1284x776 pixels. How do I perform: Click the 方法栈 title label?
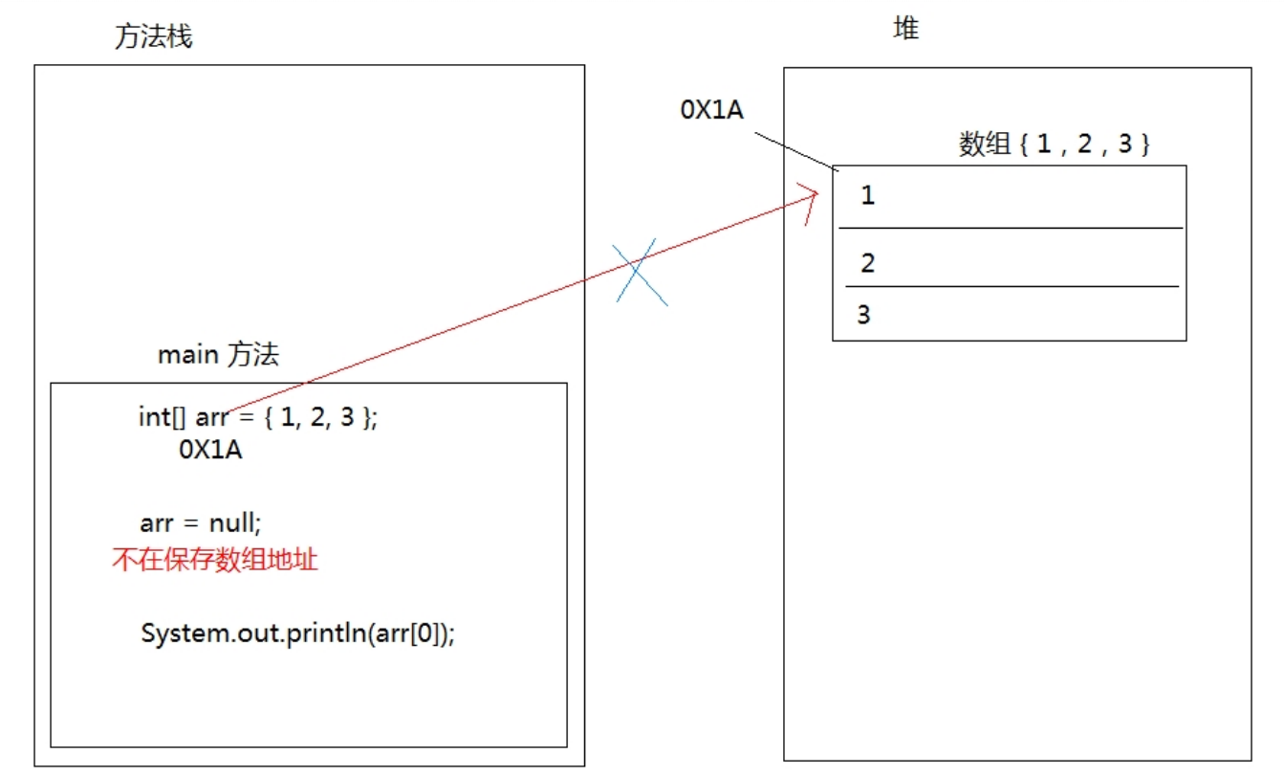click(153, 37)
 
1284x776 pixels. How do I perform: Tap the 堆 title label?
click(905, 30)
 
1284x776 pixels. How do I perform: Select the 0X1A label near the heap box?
click(711, 110)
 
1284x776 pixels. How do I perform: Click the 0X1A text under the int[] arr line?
click(210, 451)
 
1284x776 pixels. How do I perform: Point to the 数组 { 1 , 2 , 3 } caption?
click(1054, 144)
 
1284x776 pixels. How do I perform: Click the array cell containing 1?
click(1009, 197)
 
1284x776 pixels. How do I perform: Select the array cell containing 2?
click(1009, 260)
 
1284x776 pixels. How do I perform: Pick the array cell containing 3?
click(1009, 314)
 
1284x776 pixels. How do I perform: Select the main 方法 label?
click(218, 355)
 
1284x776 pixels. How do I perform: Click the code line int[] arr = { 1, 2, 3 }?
click(258, 418)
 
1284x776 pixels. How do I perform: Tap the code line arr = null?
click(200, 523)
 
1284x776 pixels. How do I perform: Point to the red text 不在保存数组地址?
click(214, 560)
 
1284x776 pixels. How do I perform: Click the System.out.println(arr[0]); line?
click(297, 633)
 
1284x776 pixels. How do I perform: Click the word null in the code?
click(233, 523)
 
